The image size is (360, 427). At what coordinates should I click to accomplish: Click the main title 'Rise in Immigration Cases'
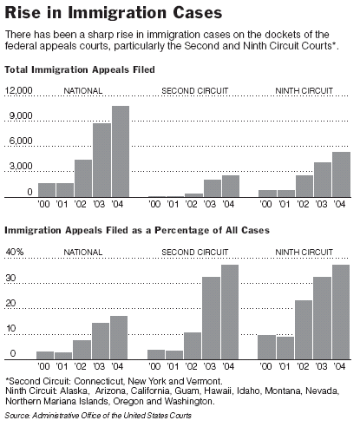[114, 13]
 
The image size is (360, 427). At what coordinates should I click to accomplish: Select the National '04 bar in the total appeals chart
[121, 152]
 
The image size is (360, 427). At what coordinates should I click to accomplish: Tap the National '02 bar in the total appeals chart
[83, 179]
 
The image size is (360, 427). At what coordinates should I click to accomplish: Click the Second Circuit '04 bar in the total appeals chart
[231, 187]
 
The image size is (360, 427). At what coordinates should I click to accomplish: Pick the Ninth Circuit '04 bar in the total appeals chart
[341, 174]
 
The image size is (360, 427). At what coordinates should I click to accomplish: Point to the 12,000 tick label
[18, 90]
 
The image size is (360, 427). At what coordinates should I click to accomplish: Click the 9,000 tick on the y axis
[21, 115]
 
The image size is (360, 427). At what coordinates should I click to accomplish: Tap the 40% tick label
[15, 252]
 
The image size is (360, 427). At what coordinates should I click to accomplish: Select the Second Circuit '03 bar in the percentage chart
[211, 318]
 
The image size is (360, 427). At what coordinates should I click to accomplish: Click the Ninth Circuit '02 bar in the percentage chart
[304, 330]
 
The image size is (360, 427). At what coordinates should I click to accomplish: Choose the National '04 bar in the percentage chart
[119, 338]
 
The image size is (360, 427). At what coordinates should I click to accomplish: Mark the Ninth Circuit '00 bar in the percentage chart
[266, 347]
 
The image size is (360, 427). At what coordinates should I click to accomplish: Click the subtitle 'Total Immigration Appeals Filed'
[80, 69]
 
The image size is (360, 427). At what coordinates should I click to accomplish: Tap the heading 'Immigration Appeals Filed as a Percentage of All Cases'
[137, 230]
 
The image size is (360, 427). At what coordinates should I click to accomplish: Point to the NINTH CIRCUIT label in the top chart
[304, 91]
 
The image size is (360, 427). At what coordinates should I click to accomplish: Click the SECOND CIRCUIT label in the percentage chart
[195, 253]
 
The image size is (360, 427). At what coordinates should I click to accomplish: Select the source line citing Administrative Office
[98, 416]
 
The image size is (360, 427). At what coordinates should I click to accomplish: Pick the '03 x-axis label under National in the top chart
[99, 204]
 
